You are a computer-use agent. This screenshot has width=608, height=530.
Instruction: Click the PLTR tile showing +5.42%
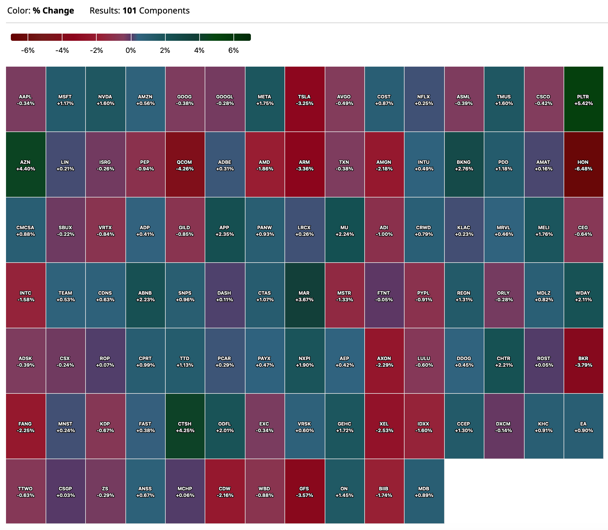[583, 99]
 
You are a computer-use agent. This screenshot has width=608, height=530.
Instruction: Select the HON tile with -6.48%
[583, 165]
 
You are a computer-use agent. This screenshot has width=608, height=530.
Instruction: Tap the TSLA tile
[304, 99]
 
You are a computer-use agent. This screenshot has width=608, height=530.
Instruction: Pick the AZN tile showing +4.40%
[26, 165]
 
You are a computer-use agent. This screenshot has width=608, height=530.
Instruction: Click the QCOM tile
[185, 165]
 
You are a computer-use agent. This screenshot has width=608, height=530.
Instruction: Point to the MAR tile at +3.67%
[304, 296]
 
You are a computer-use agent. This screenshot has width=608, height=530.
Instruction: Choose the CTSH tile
[185, 426]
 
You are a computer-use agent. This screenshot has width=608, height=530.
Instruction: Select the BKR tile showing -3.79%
[583, 361]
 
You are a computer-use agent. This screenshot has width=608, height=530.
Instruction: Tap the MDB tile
[424, 492]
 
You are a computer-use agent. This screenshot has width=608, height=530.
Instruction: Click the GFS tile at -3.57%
[304, 492]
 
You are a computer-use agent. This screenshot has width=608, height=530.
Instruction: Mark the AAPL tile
[26, 99]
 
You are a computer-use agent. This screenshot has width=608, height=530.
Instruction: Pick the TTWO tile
[26, 492]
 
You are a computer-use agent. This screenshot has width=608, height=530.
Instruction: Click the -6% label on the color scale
[28, 50]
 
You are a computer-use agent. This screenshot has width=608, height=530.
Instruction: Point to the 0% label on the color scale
[131, 50]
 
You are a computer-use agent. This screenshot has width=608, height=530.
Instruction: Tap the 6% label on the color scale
[233, 50]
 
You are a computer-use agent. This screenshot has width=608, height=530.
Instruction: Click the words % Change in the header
[53, 11]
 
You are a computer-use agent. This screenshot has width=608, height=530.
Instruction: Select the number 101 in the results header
[129, 11]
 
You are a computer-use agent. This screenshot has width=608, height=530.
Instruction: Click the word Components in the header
[164, 11]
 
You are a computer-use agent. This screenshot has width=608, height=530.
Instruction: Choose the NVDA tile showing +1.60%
[105, 99]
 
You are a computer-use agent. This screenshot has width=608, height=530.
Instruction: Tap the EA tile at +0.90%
[583, 426]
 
